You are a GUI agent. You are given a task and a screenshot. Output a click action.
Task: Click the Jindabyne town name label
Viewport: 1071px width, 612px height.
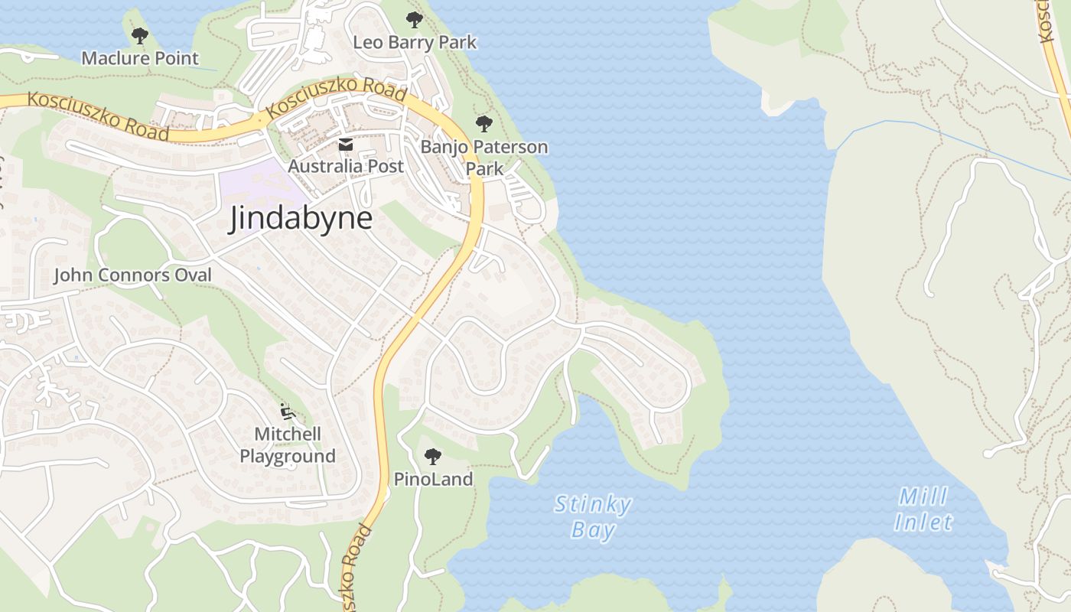point(301,219)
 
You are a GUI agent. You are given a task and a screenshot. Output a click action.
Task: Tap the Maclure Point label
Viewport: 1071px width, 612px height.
point(140,58)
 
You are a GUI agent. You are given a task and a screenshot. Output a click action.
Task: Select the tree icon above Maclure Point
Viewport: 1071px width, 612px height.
point(139,35)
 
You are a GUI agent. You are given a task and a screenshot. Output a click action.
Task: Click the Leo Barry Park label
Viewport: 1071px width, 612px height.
point(415,42)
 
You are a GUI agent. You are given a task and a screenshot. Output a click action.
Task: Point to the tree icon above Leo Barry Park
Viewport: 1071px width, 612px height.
point(414,19)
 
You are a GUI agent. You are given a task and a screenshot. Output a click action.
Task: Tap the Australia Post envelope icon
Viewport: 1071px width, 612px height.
point(346,145)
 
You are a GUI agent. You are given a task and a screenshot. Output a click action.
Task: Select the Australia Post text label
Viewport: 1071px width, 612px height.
point(346,166)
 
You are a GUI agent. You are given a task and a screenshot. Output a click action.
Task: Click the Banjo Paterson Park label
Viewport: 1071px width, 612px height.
point(484,157)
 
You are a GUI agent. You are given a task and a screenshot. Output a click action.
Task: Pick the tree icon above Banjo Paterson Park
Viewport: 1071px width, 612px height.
point(483,123)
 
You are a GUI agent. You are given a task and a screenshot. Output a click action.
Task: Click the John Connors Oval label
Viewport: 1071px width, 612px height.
point(132,275)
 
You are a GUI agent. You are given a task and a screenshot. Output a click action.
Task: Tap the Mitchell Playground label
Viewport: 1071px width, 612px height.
point(288,445)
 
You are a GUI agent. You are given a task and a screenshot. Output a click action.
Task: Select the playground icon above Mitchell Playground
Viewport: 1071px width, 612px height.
point(288,412)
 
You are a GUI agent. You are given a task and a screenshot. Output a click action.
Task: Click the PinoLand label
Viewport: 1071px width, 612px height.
point(433,480)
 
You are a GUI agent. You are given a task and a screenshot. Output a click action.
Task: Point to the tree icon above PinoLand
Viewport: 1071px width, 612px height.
point(433,457)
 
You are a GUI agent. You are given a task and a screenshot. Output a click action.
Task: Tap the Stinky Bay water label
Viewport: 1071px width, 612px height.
point(593,517)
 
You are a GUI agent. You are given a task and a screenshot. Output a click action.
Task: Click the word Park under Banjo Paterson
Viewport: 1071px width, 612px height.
point(484,168)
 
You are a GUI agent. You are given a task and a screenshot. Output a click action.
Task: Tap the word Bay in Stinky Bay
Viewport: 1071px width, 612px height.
point(593,530)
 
